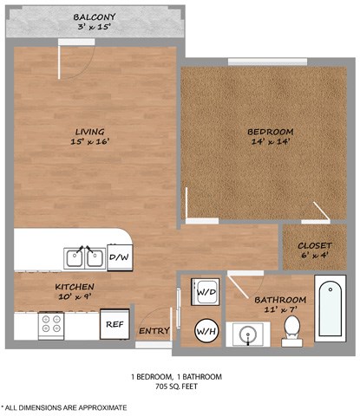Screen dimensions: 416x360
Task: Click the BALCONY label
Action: tap(96, 17)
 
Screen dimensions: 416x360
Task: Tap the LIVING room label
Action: tap(89, 133)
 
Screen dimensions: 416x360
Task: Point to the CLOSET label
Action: tap(314, 244)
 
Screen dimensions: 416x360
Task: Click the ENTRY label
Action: tap(154, 330)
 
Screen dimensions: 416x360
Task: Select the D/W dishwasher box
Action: tap(118, 257)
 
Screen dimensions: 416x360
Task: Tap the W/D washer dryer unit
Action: tap(206, 291)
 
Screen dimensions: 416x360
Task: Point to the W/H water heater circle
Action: tap(206, 330)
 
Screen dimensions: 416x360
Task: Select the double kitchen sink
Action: tap(84, 257)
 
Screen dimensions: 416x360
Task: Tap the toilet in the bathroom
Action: tap(292, 329)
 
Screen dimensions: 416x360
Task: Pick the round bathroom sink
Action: tap(244, 334)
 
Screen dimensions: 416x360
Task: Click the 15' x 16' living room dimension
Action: tap(89, 144)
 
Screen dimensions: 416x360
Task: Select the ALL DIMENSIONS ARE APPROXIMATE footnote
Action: tap(64, 406)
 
